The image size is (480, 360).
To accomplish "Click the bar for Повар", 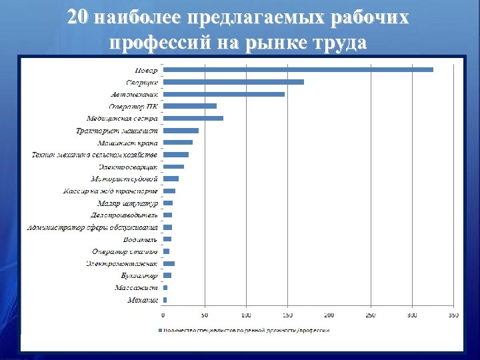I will coord(298,69).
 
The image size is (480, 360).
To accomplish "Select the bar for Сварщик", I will coord(233,82).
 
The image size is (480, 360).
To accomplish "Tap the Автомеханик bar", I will coord(224,94).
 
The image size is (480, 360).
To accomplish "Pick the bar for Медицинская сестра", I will coord(193,118).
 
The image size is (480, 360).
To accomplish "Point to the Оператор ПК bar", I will coord(190,106).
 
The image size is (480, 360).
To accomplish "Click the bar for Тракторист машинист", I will coord(181,131).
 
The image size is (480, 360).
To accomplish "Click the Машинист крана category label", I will coord(127,143).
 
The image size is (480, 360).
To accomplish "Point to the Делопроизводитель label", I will coord(124,215).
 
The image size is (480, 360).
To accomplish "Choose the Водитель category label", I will coord(141,239).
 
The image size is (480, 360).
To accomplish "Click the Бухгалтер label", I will coord(139,275).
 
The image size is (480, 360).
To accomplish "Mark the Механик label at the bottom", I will coord(143,300).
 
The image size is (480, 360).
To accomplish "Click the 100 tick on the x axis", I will coord(246,315).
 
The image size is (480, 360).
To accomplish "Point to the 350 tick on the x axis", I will coord(453,315).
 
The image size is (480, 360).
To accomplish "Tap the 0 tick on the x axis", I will coord(163,315).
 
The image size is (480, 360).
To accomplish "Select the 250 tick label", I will coord(371,315).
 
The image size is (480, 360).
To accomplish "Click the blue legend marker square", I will coord(160,330).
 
